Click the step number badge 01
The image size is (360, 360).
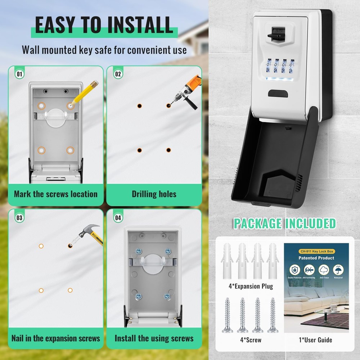[20, 75]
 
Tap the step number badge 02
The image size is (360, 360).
[118, 75]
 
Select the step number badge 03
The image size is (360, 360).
[20, 218]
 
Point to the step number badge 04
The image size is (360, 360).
[118, 218]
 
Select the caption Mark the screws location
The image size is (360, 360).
[56, 194]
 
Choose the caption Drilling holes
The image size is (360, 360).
[154, 194]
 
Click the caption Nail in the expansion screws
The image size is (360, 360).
[56, 338]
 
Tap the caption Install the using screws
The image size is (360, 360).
[154, 338]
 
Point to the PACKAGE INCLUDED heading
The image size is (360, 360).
[284, 224]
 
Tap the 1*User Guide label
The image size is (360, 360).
[316, 340]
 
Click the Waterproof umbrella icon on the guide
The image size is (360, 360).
[338, 270]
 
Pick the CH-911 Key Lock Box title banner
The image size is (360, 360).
[316, 251]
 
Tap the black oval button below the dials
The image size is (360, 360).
[278, 94]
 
